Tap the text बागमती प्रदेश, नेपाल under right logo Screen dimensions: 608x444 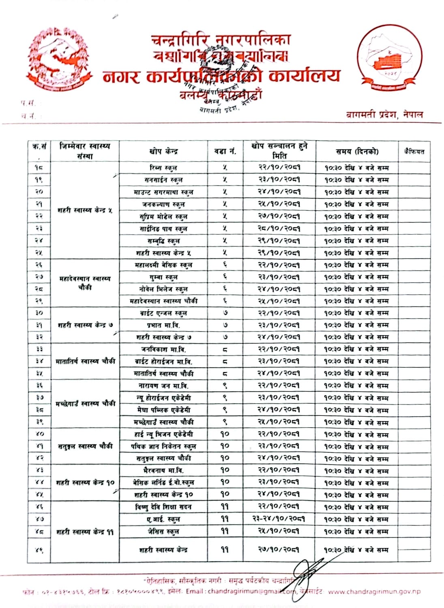click(x=384, y=115)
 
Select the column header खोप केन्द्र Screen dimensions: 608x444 click(x=163, y=151)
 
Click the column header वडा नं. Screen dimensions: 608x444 click(x=225, y=151)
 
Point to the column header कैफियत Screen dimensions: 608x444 click(x=414, y=151)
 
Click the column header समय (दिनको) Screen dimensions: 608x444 click(x=357, y=151)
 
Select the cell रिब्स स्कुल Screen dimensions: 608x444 click(x=163, y=167)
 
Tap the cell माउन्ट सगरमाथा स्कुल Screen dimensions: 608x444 click(x=163, y=192)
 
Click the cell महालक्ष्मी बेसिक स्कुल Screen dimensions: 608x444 click(x=163, y=265)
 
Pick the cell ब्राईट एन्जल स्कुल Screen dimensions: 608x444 click(x=163, y=313)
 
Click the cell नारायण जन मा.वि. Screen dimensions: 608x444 click(x=163, y=385)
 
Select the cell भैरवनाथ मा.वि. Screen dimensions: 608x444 click(x=163, y=470)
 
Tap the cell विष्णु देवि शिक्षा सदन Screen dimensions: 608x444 click(x=163, y=507)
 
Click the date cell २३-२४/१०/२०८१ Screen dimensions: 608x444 click(x=279, y=519)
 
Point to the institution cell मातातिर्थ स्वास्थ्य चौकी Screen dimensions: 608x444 click(x=85, y=361)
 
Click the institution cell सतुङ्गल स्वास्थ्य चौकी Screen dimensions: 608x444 click(x=85, y=446)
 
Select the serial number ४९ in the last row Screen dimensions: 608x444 click(x=39, y=550)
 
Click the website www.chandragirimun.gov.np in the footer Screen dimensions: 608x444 click(x=374, y=591)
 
